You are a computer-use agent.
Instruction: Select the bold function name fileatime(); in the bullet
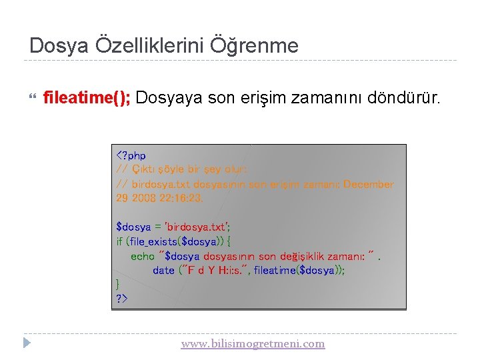87,99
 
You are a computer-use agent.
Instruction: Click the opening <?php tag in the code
131,155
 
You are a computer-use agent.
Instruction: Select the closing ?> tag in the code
121,298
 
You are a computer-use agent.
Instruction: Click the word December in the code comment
369,184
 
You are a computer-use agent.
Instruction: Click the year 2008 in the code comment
143,198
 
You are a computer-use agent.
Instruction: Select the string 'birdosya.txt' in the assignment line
201,227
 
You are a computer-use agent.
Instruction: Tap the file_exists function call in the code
155,241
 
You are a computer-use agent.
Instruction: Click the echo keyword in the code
142,256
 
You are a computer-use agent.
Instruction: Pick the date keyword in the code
163,270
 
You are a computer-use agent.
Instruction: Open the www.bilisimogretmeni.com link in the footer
253,344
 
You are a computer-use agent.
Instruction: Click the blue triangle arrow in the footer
27,344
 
